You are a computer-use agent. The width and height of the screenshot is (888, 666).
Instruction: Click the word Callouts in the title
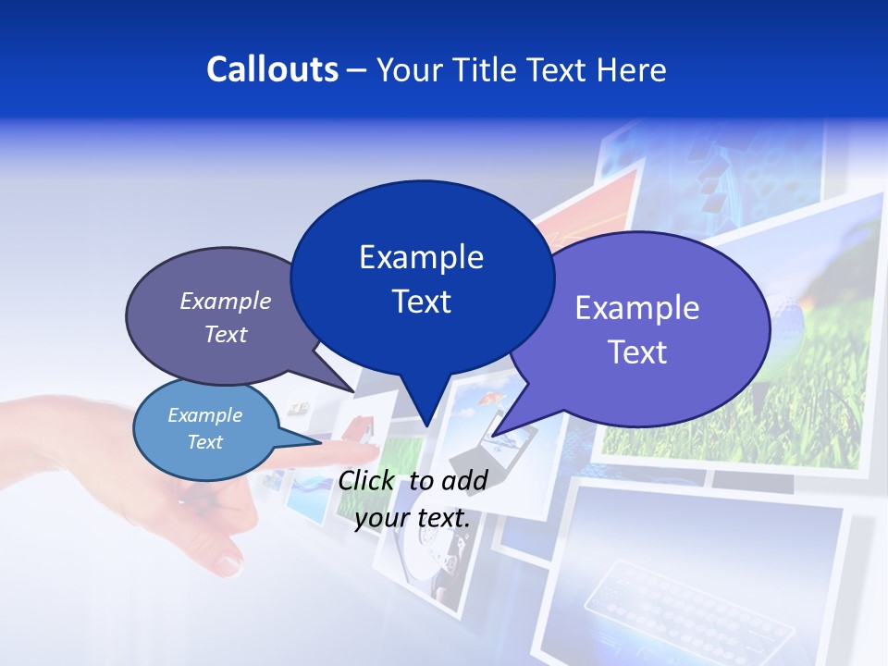272,69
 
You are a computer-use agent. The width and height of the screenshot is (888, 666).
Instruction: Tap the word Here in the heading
628,69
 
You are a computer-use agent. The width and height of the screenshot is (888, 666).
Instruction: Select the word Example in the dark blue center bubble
421,257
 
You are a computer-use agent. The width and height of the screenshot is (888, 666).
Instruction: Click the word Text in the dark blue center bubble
421,302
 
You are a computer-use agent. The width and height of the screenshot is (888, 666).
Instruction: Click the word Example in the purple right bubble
637,308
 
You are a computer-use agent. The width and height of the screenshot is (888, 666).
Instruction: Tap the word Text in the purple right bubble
637,352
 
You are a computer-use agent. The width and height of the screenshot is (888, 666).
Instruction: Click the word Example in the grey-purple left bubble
225,301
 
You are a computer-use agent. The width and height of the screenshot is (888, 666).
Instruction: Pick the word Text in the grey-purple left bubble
225,334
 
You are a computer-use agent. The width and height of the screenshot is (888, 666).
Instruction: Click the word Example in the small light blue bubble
204,415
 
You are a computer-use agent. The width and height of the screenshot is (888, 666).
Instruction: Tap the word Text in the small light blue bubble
204,442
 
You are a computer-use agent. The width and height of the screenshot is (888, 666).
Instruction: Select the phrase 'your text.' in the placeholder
413,518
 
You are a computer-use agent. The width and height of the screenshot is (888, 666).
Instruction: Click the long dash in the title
358,70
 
